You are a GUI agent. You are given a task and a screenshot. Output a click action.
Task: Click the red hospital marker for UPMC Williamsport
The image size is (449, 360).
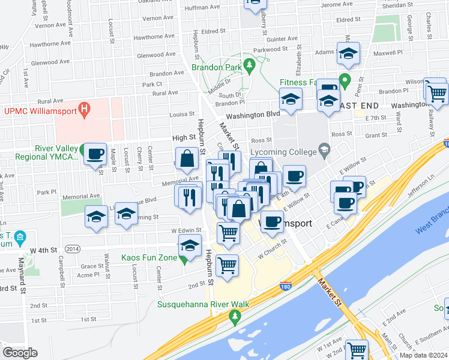pyautogui.click(x=85, y=110)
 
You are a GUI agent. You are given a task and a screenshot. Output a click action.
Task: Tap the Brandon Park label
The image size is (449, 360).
pyautogui.click(x=216, y=68)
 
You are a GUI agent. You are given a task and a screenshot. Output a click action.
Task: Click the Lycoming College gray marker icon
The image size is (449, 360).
pyautogui.click(x=324, y=149)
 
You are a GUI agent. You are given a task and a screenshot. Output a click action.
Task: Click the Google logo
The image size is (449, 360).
pyautogui.click(x=20, y=353)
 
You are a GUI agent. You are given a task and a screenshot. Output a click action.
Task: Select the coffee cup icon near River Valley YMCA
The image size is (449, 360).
pyautogui.click(x=94, y=154)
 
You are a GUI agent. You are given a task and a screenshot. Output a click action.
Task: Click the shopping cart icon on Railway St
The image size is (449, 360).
pyautogui.click(x=437, y=93)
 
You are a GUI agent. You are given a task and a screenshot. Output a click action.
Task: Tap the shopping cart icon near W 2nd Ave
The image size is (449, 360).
pyautogui.click(x=357, y=350)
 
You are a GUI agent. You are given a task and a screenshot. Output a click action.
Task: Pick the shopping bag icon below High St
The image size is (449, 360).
pyautogui.click(x=188, y=159)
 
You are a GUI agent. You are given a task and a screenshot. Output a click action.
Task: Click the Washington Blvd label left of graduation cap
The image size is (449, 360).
pyautogui.click(x=253, y=114)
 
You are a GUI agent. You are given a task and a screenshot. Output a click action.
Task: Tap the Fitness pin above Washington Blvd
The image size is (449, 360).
pyautogui.click(x=344, y=79)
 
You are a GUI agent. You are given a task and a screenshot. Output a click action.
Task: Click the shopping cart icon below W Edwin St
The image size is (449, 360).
pyautogui.click(x=228, y=232)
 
